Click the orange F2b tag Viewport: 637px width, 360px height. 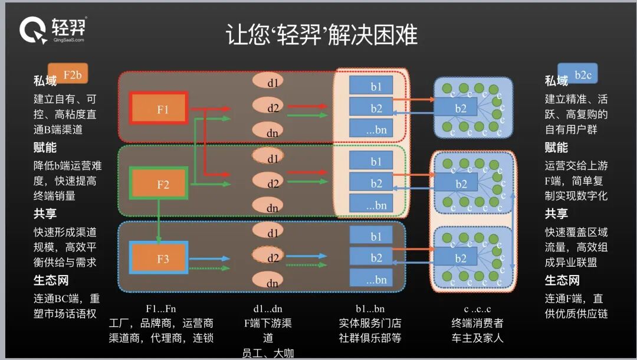[68, 74]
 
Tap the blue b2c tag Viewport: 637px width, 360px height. [578, 74]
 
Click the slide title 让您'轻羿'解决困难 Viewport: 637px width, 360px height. [321, 35]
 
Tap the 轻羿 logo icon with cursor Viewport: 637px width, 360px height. [33, 30]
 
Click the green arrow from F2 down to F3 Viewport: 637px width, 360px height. [159, 221]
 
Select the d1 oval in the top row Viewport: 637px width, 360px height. [272, 80]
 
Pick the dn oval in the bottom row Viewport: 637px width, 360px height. [272, 283]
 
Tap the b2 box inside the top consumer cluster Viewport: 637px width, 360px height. [461, 108]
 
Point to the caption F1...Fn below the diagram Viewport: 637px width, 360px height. [161, 308]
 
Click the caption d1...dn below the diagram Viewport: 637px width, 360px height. [268, 308]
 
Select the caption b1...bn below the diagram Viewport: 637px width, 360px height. [370, 308]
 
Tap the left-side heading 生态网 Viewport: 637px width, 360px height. [51, 280]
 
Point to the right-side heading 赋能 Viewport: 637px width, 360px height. [556, 148]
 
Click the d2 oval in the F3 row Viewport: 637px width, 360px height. [272, 258]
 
